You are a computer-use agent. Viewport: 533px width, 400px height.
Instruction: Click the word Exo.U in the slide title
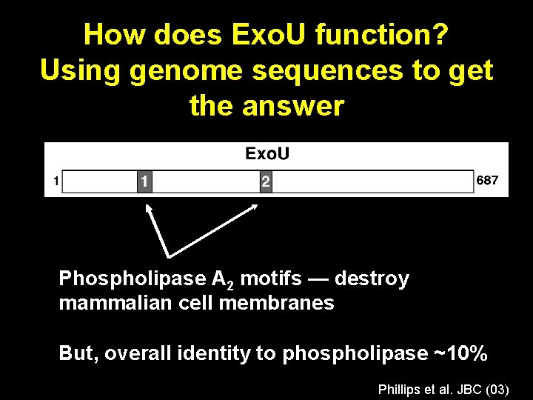pyautogui.click(x=264, y=34)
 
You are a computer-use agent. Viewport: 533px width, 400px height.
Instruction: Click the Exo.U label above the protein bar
pyautogui.click(x=267, y=154)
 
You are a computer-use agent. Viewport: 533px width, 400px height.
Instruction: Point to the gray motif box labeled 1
pyautogui.click(x=145, y=181)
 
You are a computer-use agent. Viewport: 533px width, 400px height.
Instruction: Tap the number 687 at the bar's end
pyautogui.click(x=487, y=180)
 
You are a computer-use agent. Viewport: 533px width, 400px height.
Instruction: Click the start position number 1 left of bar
pyautogui.click(x=55, y=181)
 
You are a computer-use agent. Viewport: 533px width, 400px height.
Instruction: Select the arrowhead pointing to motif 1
pyautogui.click(x=148, y=208)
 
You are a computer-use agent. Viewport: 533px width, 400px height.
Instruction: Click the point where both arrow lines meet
pyautogui.click(x=169, y=256)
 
